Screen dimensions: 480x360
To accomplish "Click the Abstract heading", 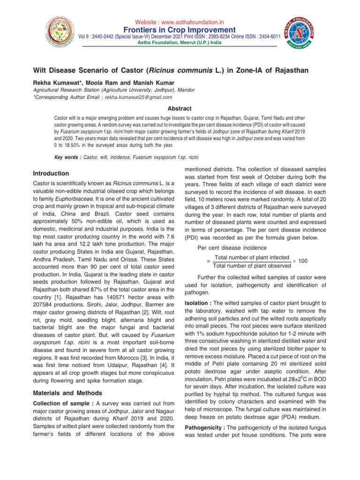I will click(180, 108).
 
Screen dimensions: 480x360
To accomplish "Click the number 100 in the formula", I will click(303, 261).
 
